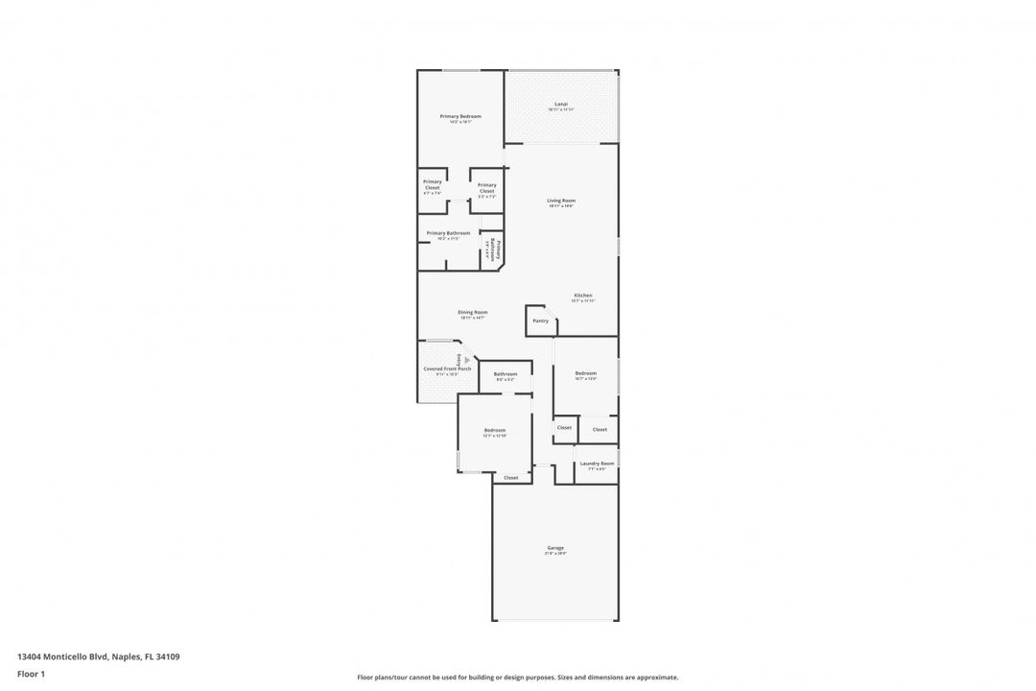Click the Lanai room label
(561, 104)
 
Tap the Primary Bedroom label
(460, 116)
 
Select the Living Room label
(561, 201)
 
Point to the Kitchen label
(583, 296)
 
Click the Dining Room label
(472, 312)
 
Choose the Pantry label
(541, 321)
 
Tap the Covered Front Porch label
(447, 369)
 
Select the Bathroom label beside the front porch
(506, 374)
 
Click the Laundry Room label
(597, 464)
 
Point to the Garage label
(555, 548)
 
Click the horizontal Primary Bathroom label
(448, 233)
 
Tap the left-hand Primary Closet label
(433, 184)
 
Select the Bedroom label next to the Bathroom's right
(586, 373)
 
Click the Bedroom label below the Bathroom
(494, 431)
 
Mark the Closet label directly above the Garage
(510, 477)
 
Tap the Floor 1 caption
(31, 674)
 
